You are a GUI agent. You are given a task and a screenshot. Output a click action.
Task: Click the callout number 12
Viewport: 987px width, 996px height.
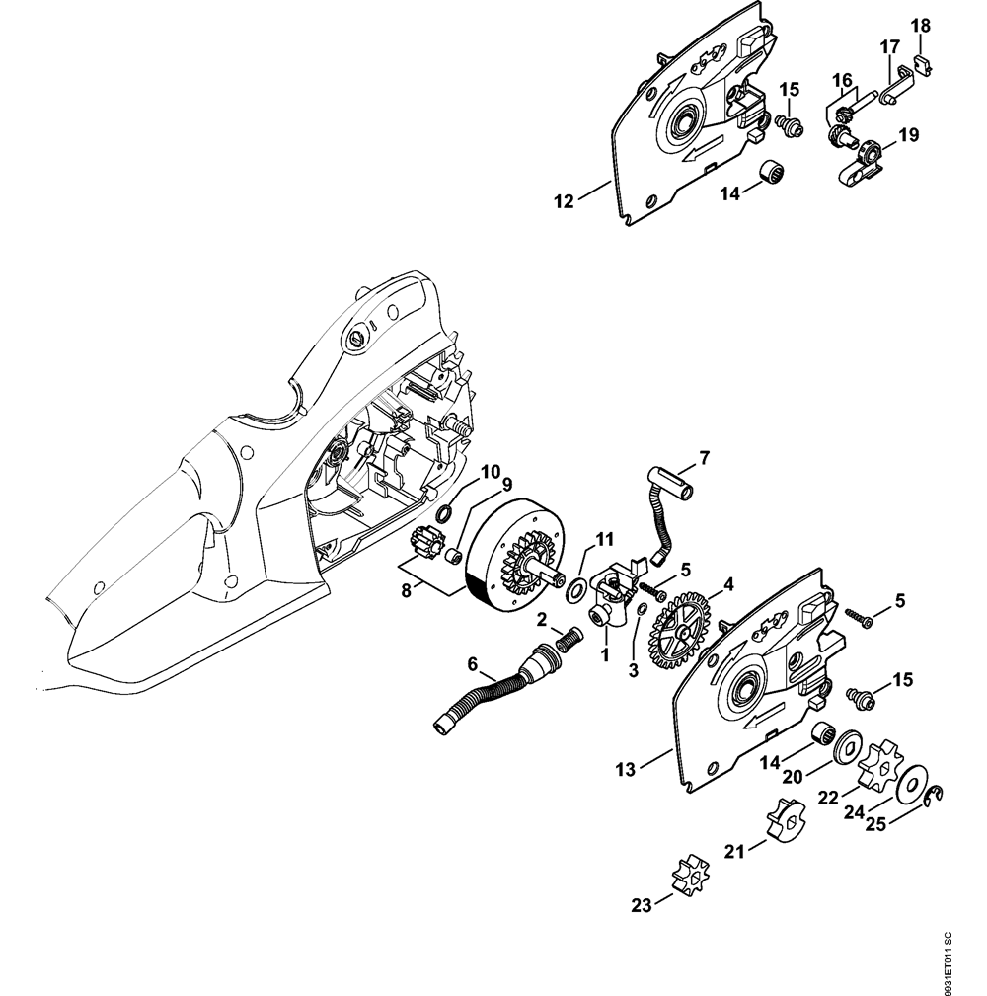(x=564, y=202)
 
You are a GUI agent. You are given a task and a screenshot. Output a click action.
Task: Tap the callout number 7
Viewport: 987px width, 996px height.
(x=703, y=457)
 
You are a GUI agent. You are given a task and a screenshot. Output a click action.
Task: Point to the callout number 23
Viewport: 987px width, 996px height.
(x=642, y=904)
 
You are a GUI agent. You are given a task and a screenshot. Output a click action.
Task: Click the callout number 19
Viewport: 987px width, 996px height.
(x=907, y=134)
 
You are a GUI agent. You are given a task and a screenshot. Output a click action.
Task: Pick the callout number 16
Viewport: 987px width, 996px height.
(x=841, y=79)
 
